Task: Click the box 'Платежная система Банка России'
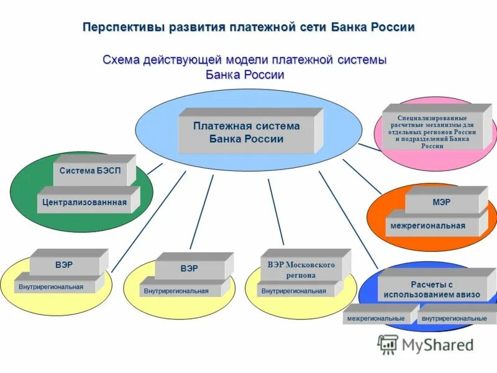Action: tap(246, 133)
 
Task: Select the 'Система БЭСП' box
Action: tap(91, 170)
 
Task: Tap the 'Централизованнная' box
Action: tap(84, 202)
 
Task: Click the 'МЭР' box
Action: tap(442, 203)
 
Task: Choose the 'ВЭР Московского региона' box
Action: tap(301, 270)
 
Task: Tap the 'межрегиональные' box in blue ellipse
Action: tap(376, 318)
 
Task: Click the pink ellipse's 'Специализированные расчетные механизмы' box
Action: tap(432, 131)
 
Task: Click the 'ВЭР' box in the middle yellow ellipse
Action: tap(189, 269)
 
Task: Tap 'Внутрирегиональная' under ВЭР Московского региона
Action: tap(293, 290)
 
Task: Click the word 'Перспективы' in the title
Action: tap(122, 27)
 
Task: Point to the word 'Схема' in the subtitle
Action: tap(121, 60)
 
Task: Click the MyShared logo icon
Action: tap(388, 344)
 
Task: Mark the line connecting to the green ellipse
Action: tap(155, 168)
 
